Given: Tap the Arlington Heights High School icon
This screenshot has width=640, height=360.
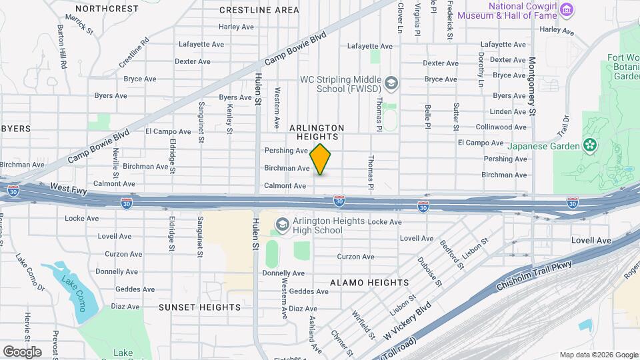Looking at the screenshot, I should (283, 224).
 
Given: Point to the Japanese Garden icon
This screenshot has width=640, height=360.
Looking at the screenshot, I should (589, 145).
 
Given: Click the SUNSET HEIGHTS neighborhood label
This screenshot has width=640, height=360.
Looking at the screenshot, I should (199, 307).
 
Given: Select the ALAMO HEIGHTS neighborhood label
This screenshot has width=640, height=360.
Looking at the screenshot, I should (366, 283).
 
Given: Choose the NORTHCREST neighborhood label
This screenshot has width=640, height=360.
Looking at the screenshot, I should (107, 9).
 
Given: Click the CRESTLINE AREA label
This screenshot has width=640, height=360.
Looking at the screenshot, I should (259, 10).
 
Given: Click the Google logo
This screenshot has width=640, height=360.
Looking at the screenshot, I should (22, 352).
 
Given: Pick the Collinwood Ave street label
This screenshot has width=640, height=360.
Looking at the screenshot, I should (501, 127).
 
